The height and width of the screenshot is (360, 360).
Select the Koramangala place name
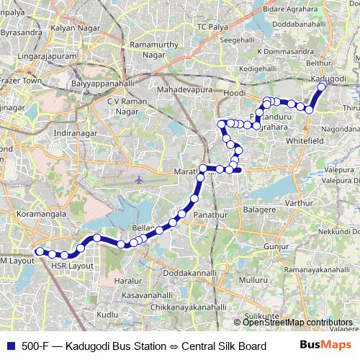(x=43, y=214)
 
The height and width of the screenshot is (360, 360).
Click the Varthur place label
(x=299, y=204)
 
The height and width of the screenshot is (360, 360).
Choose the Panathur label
(x=211, y=215)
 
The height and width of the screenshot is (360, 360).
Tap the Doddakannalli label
(x=190, y=274)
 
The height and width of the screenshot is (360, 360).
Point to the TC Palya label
(x=211, y=27)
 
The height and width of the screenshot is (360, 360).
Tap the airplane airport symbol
(x=139, y=179)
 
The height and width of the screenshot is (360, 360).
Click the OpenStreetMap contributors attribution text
(x=297, y=322)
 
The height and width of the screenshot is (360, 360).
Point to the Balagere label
(x=260, y=210)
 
